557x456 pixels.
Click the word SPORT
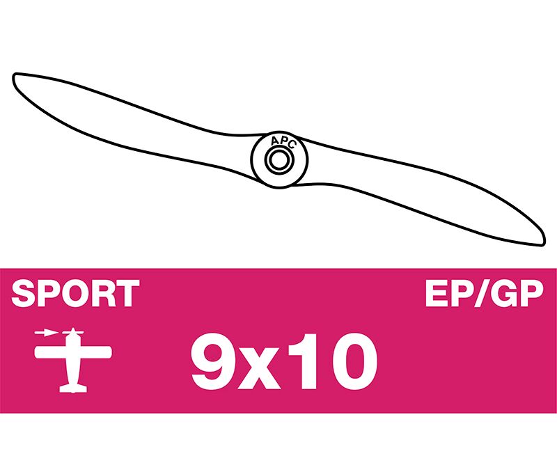click(75, 293)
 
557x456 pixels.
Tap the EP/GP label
click(484, 293)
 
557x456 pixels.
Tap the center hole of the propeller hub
click(279, 159)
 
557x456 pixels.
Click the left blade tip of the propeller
click(14, 77)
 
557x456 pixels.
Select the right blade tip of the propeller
click(542, 242)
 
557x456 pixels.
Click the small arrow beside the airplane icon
click(46, 333)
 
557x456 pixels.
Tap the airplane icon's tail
click(73, 388)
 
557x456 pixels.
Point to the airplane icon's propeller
click(73, 333)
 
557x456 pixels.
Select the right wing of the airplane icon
click(95, 352)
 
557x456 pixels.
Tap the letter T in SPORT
click(128, 293)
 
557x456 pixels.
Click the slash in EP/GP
click(482, 293)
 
